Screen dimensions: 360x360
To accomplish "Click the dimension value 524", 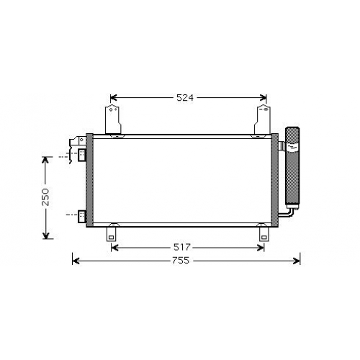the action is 185,98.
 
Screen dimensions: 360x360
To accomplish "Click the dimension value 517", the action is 181,247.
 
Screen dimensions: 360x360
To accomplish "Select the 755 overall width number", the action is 181,261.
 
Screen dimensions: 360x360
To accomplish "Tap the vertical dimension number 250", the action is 45,197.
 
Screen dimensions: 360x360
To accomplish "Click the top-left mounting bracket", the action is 113,120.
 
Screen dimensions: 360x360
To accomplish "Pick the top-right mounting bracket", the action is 262,120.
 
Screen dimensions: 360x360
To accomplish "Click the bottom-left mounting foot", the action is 111,234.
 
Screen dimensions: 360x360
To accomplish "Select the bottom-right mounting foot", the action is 264,234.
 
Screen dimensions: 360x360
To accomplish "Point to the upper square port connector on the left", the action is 82,155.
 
